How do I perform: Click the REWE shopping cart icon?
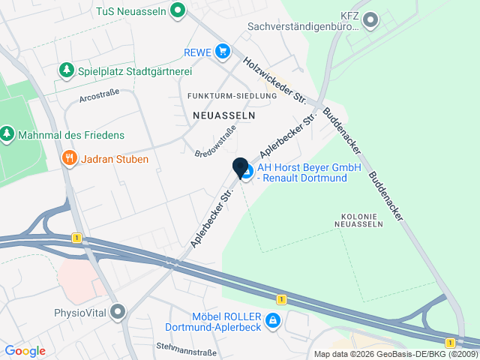(222, 51)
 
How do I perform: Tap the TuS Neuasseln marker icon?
(178, 10)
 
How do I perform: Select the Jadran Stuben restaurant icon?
(69, 158)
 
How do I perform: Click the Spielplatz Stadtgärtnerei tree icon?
(67, 70)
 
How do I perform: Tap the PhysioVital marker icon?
(118, 311)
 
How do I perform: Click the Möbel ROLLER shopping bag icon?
(273, 322)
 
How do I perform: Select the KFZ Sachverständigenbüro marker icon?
(370, 19)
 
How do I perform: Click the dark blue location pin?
(241, 168)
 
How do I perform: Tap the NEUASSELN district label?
(223, 115)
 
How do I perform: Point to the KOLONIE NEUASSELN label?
(356, 219)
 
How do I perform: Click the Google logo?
(25, 351)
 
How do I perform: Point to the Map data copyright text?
(394, 354)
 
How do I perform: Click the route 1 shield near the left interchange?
(76, 238)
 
